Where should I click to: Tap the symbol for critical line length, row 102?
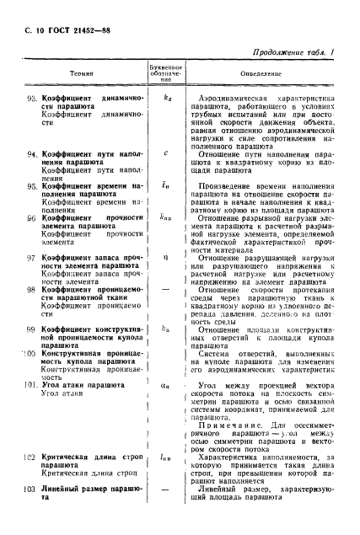[x=166, y=457]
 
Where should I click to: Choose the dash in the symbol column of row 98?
[x=166, y=288]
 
